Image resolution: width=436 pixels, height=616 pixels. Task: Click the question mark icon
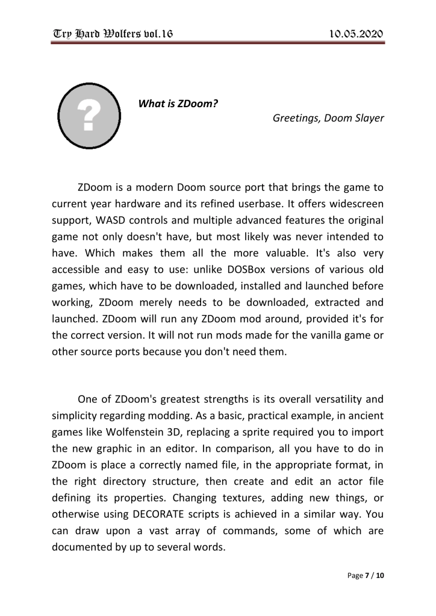[89, 117]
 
